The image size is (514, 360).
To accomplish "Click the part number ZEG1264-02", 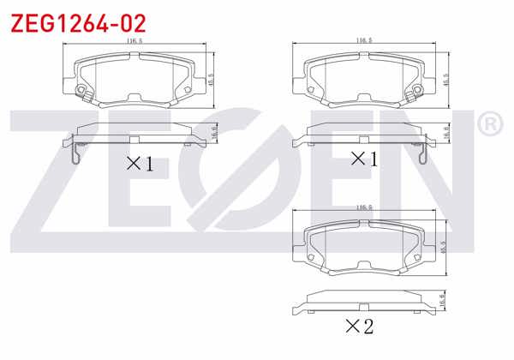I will pos(77,21).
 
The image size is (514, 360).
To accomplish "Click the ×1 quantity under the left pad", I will pos(140,163).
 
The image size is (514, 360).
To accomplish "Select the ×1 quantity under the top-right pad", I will pos(364,158).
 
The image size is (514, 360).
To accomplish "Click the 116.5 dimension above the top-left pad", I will pos(134,40).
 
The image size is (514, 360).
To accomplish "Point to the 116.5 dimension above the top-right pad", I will pos(363,40).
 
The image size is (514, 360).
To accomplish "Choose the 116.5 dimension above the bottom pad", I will pos(363,207).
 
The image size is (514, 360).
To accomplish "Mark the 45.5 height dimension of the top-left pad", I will pos(211,78).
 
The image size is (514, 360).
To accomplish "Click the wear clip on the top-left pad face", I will pos(81,92).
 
